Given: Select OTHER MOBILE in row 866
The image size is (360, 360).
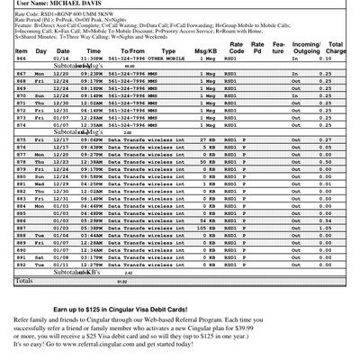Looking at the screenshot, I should pos(167,58).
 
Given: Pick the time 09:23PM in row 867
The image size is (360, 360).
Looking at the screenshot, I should pos(92,74).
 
